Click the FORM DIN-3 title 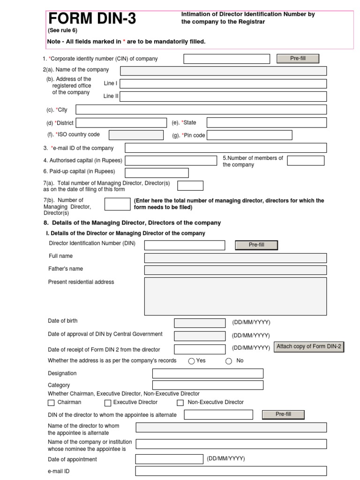point(92,19)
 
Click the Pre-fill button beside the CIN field point(298,59)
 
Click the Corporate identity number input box point(226,59)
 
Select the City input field point(201,110)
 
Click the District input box point(121,123)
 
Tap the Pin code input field point(249,135)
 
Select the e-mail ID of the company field point(225,148)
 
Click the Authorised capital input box point(171,161)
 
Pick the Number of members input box point(306,161)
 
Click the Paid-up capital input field point(157,173)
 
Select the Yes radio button point(191,361)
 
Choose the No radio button point(229,361)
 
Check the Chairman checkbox point(51,403)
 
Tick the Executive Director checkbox point(108,403)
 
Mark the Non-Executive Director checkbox point(180,403)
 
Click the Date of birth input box point(199,323)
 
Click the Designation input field point(208,374)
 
